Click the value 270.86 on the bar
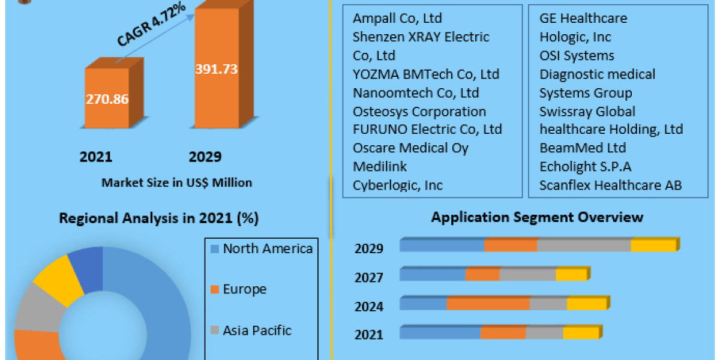click(107, 99)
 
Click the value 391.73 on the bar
click(217, 69)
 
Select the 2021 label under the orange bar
click(96, 157)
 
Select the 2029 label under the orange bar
click(205, 157)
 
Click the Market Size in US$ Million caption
click(177, 182)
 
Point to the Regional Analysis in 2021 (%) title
click(158, 218)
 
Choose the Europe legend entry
click(244, 289)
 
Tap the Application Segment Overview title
click(537, 217)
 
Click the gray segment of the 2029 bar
click(583, 245)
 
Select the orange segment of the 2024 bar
click(488, 304)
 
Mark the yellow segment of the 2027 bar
click(571, 275)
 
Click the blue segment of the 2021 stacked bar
click(440, 333)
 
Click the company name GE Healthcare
click(583, 18)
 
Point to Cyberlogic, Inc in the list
click(398, 185)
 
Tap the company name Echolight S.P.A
click(585, 166)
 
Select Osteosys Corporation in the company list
click(419, 111)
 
